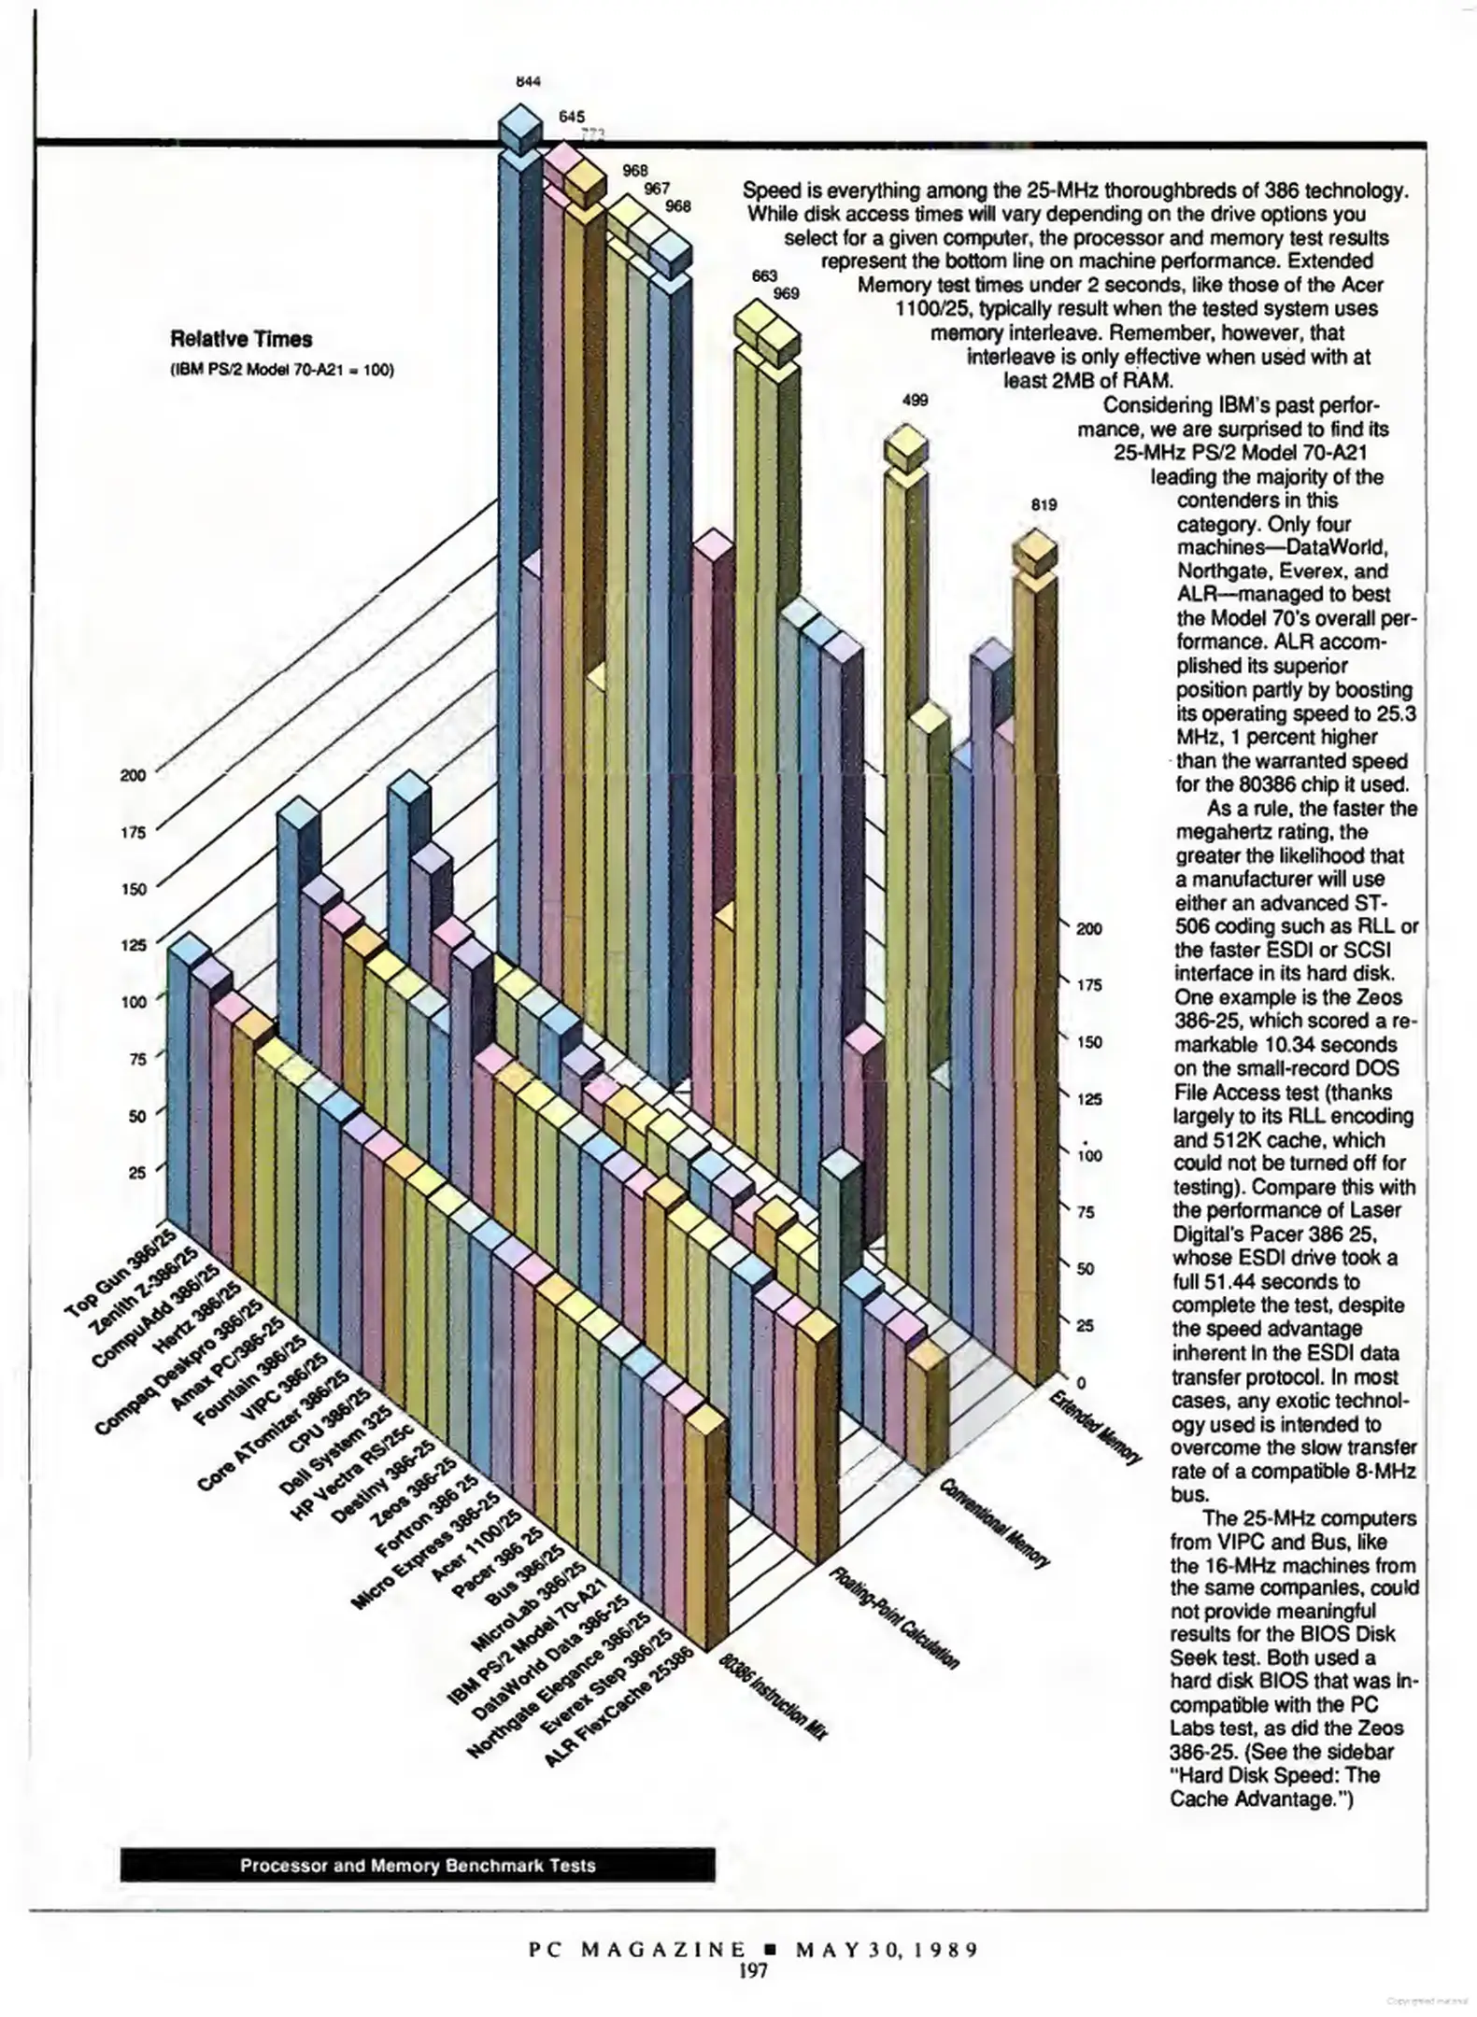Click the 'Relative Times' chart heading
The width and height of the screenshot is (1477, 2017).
coord(241,340)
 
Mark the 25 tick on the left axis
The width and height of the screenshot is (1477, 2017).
coord(136,1173)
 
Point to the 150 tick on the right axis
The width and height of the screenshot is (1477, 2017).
coord(1089,1042)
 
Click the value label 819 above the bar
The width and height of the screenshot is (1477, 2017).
coord(1044,505)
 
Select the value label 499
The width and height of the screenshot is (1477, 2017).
coord(915,401)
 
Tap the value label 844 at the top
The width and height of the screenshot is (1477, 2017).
coord(529,81)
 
